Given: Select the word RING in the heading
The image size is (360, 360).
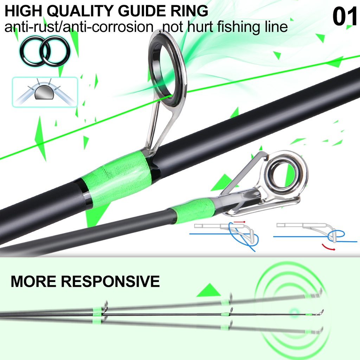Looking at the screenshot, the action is pos(192,11).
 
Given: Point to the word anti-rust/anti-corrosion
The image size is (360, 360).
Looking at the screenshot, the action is pos(79,27).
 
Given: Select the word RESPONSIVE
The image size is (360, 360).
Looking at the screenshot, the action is pos(110,281).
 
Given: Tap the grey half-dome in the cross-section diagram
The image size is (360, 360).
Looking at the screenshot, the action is pos(44,92).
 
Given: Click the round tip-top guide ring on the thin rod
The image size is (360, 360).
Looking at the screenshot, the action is pos(285,173).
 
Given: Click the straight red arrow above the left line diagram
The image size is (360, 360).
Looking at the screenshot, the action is pos(239,222).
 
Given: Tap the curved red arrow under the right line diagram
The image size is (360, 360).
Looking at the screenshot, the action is pos(328,247).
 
